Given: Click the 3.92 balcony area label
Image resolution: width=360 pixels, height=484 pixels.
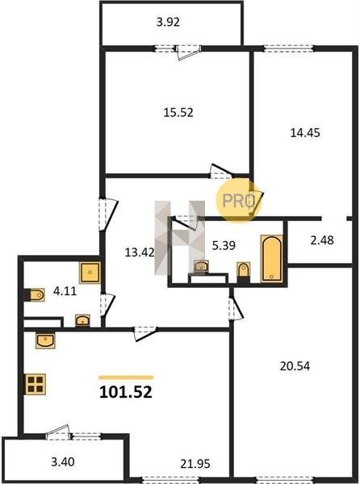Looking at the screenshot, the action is [168, 23].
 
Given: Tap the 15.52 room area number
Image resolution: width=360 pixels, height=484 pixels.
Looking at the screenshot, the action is [178, 112].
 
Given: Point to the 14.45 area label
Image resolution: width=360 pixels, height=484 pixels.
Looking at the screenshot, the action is [305, 133].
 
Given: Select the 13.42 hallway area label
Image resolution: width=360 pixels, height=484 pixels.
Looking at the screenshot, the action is [140, 252].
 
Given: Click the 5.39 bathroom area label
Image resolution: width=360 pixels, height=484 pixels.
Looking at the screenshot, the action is [224, 246].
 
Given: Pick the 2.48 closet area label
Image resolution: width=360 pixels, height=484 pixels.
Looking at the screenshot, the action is [322, 240].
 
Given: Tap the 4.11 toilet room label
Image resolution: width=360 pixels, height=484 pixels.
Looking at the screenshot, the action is [65, 291].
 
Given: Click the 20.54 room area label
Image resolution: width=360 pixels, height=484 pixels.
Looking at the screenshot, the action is [295, 366].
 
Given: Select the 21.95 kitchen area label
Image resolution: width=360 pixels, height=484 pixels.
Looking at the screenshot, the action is [195, 464].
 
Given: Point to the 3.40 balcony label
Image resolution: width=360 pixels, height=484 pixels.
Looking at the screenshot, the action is [63, 462].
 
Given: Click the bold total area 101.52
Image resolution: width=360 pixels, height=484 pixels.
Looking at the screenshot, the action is [126, 392].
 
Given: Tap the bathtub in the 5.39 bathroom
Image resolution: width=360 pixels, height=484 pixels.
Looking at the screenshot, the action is [272, 259].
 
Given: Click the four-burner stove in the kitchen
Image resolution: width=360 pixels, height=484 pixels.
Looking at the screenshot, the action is [35, 384].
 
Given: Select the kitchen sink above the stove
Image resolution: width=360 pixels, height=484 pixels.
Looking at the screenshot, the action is [45, 340].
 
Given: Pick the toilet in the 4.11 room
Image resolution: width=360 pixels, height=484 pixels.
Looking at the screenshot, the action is [36, 294].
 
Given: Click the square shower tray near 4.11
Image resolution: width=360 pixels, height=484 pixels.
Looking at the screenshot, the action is [90, 273].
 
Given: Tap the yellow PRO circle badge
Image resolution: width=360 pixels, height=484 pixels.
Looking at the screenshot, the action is [239, 200].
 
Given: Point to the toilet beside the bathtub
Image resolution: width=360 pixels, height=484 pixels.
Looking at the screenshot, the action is [243, 271].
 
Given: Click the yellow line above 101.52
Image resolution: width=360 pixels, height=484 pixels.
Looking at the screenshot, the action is [126, 378].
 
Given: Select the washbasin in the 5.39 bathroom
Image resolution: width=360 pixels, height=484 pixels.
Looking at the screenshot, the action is [201, 266].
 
